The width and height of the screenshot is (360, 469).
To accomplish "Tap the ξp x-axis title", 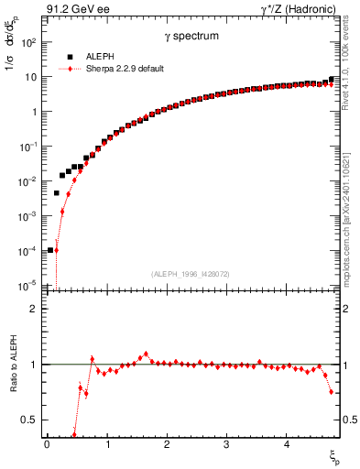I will pos(334,456).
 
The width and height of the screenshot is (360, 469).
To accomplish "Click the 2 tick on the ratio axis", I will pos(31,309).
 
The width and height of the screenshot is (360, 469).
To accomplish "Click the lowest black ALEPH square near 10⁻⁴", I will pos(50,249).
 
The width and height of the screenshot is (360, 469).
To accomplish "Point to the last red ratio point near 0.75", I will pos(332,392).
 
